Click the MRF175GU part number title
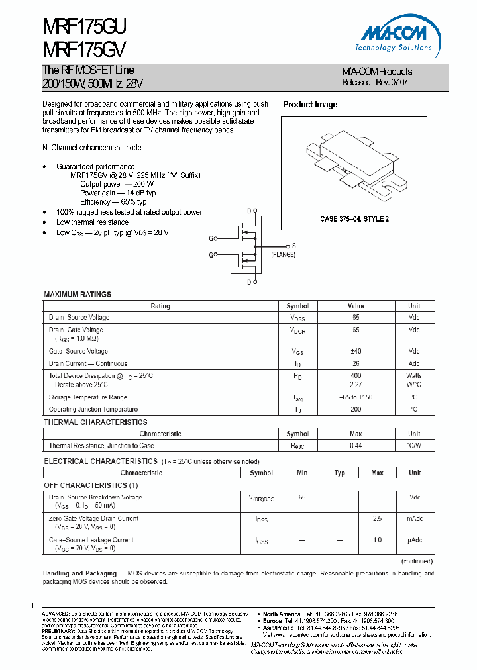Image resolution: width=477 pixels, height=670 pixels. (84, 26)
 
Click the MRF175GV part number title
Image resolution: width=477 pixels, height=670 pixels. (83, 49)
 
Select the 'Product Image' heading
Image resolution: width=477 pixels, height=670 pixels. (310, 105)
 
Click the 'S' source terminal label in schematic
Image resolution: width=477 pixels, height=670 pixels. (294, 246)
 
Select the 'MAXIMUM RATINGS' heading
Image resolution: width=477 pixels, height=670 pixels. (78, 294)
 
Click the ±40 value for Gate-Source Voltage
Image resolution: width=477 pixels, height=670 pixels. (356, 351)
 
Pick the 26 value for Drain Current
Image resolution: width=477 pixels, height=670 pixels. (356, 363)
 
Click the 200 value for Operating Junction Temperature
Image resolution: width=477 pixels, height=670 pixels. (356, 410)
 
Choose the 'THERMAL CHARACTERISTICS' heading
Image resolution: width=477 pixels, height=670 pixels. (95, 422)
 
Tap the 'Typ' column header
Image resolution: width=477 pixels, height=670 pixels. (339, 473)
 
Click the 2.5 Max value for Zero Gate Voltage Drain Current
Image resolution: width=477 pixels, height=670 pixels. (377, 518)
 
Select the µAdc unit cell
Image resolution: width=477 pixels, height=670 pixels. (415, 540)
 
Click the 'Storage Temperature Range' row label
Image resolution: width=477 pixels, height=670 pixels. (87, 397)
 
